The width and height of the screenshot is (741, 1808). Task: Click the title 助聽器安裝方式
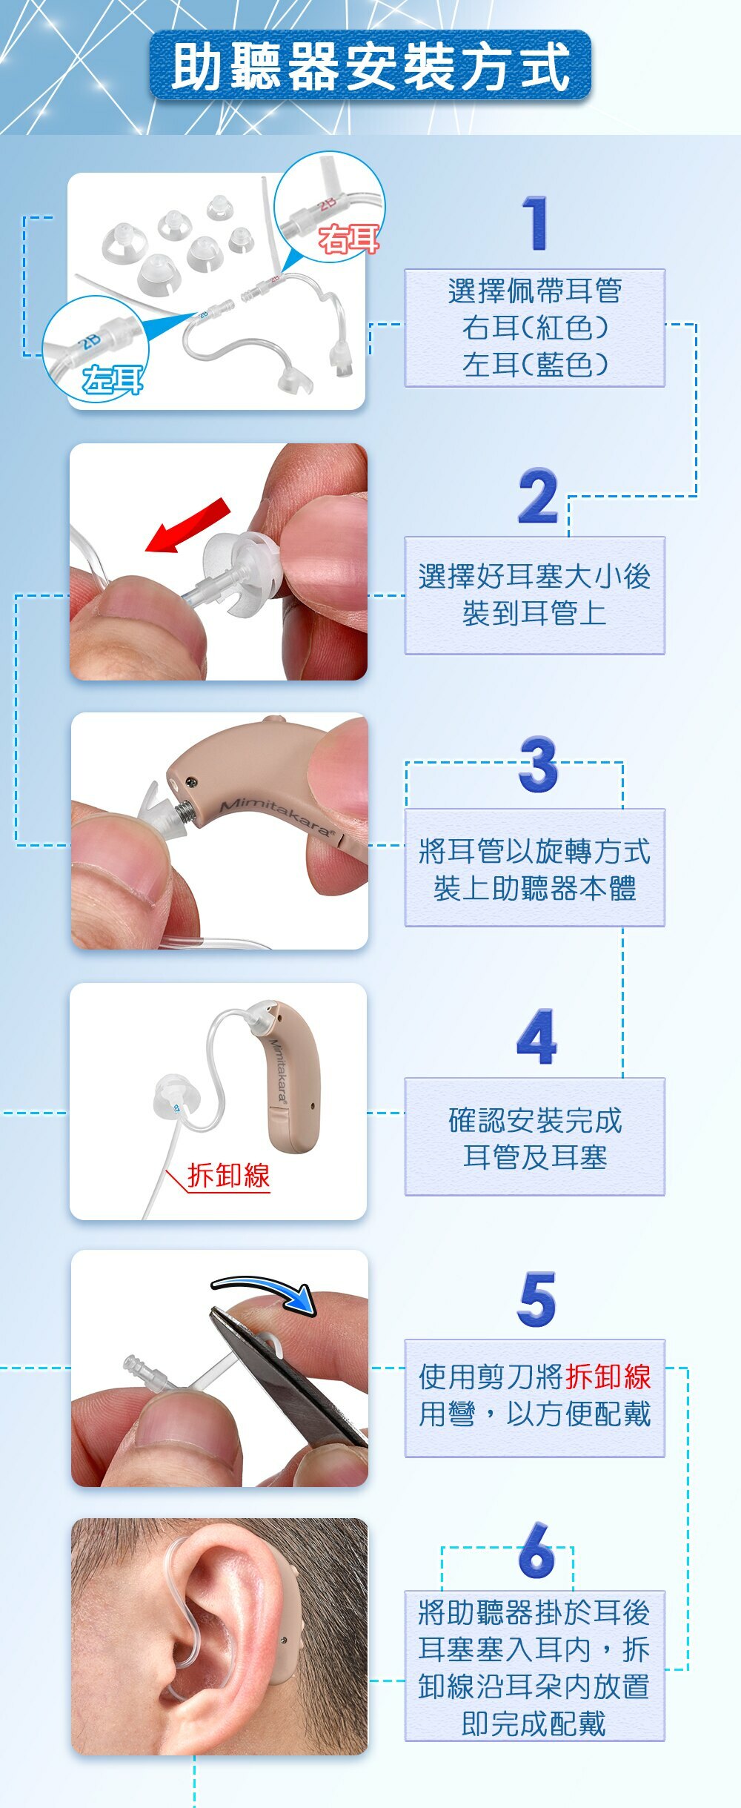(x=370, y=67)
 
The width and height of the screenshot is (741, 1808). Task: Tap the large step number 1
(x=536, y=223)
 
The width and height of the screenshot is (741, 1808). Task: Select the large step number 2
(x=538, y=496)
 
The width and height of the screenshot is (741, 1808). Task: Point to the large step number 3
(x=539, y=764)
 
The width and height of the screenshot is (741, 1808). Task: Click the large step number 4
(x=536, y=1036)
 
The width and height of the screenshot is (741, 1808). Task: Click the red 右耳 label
(x=348, y=239)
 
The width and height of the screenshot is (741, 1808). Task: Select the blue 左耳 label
(x=113, y=380)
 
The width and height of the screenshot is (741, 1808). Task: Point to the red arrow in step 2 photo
(x=188, y=526)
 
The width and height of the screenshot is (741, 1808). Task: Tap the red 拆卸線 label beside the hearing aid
(x=228, y=1176)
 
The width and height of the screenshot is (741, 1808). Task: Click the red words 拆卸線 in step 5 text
(x=608, y=1377)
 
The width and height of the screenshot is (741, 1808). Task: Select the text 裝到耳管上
(x=534, y=613)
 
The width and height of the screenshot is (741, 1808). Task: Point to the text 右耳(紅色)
(x=534, y=327)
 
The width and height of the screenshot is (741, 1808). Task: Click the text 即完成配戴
(x=534, y=1723)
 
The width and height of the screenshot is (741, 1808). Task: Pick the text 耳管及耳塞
(x=534, y=1156)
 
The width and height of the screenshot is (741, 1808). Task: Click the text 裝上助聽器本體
(x=534, y=888)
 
